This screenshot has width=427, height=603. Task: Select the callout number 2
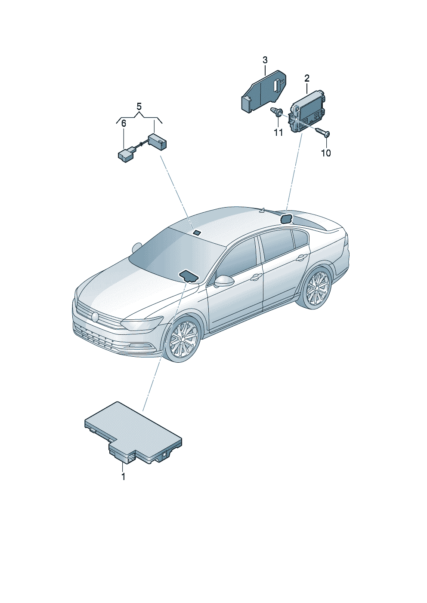pos(307,78)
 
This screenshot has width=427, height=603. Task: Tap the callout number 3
pos(265,60)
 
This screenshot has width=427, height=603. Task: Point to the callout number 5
pos(139,106)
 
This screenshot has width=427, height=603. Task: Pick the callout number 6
pos(124,123)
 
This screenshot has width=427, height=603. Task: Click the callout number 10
pos(326,153)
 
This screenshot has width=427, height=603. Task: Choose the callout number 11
pos(278,132)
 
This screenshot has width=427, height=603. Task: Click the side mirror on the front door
pos(224,281)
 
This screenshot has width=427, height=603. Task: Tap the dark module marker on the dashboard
pos(189,276)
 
